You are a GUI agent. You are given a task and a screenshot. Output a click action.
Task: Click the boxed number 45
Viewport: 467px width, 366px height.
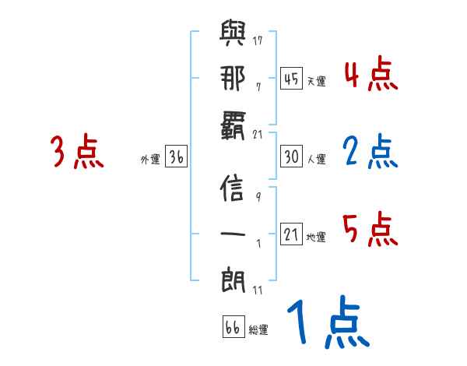(292, 78)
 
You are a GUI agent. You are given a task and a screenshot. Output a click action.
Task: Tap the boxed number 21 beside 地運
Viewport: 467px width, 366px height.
(292, 235)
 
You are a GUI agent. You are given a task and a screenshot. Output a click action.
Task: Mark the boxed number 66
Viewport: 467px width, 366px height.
(233, 328)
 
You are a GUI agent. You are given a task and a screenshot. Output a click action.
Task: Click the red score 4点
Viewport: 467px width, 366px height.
(370, 76)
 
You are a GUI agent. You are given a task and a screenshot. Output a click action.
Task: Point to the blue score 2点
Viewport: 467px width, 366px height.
(370, 153)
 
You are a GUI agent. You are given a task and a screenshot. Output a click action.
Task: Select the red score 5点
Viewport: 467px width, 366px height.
(370, 231)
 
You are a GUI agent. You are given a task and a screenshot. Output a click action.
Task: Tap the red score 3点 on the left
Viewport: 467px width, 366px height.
(76, 153)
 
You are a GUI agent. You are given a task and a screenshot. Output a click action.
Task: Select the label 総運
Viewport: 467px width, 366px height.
(258, 330)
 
